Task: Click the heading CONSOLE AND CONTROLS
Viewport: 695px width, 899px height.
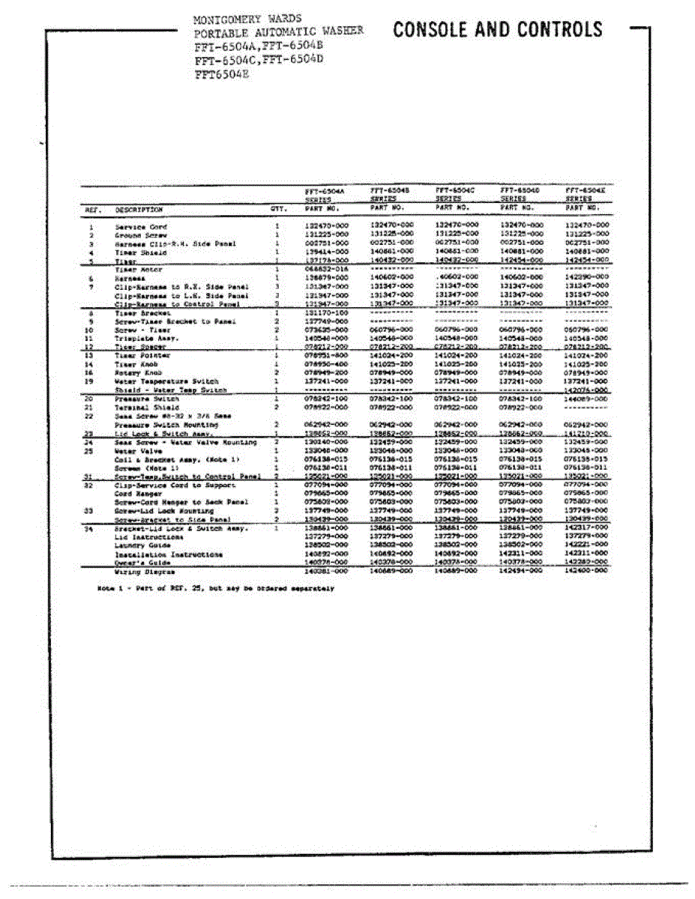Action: click(498, 30)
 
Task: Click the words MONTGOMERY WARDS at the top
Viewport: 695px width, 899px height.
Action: click(247, 19)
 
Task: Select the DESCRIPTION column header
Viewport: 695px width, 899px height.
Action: click(139, 211)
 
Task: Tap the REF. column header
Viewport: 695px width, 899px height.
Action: click(91, 211)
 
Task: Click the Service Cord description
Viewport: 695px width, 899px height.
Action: click(140, 226)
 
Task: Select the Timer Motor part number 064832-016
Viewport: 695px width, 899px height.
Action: click(328, 268)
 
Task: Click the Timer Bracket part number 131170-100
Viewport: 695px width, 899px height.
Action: click(328, 312)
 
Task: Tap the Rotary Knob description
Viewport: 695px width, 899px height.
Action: click(138, 372)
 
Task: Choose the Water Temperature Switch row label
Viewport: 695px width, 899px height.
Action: click(166, 381)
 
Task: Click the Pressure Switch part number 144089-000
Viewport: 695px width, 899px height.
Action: click(586, 399)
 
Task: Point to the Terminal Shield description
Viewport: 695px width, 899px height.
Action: click(146, 408)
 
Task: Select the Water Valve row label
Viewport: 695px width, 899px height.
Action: click(135, 451)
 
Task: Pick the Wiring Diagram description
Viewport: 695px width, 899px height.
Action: click(139, 571)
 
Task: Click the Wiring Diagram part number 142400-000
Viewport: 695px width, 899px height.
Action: click(586, 571)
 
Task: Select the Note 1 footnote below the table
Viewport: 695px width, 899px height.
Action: click(216, 589)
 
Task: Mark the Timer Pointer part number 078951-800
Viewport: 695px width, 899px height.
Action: click(328, 356)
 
